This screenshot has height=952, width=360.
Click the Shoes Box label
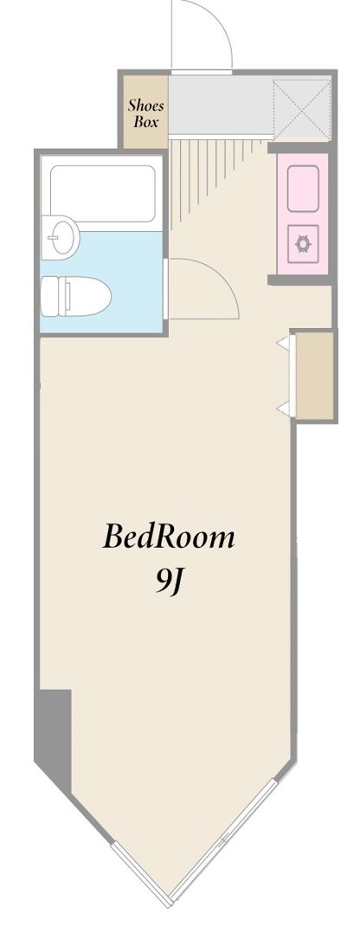pos(145,113)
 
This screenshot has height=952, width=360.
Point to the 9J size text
pos(170,583)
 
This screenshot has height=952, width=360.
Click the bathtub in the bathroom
pos(103,194)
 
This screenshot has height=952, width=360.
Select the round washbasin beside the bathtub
pos(60,237)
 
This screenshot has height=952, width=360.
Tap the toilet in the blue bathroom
pos(75,296)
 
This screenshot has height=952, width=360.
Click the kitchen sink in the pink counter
pos(303,188)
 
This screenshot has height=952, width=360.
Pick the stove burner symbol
pos(303,243)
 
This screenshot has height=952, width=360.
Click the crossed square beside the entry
pos(302,107)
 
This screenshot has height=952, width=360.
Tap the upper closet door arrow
pos(283,344)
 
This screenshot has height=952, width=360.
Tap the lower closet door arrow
pos(283,409)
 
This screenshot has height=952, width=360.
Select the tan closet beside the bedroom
pos(314,376)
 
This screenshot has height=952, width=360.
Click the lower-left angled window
pos(141,874)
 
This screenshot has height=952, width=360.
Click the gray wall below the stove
pos(299,280)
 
